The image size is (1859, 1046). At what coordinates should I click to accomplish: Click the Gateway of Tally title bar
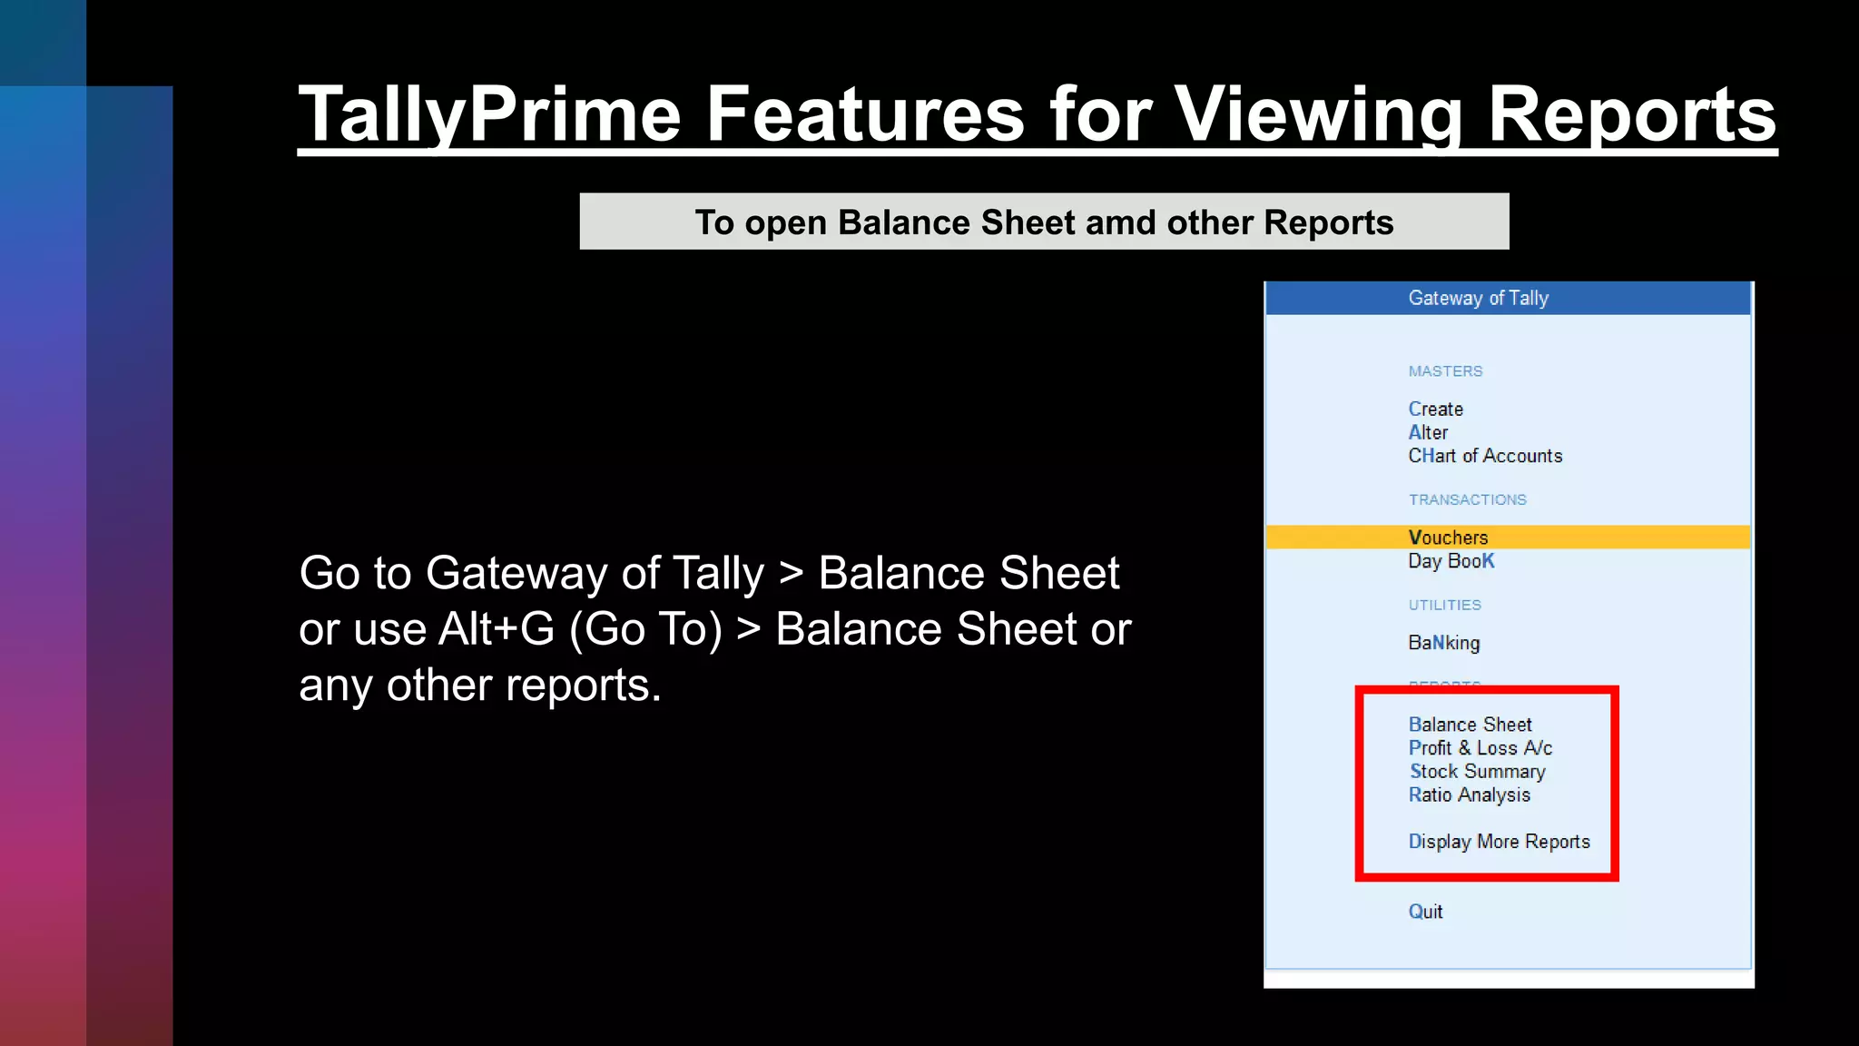tap(1478, 298)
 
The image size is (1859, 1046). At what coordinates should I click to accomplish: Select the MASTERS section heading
tap(1445, 371)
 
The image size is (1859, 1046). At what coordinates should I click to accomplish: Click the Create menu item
tap(1435, 410)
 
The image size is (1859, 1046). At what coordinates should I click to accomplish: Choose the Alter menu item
tap(1428, 433)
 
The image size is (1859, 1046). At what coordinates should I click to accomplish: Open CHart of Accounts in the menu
tap(1485, 456)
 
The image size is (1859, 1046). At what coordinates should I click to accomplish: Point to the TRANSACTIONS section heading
tap(1467, 500)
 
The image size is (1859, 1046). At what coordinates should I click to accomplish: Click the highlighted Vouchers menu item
tap(1448, 538)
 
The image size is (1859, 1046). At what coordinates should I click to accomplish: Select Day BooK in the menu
tap(1451, 561)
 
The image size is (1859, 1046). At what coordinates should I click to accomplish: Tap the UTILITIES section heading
tap(1444, 606)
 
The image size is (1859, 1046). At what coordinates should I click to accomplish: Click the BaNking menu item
tap(1443, 643)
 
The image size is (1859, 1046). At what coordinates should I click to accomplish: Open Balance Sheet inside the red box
tap(1470, 725)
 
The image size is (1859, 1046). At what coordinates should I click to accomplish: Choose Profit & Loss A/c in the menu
tap(1480, 748)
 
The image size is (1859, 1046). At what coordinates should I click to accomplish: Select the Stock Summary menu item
tap(1477, 772)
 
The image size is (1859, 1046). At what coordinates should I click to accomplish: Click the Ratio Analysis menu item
tap(1469, 795)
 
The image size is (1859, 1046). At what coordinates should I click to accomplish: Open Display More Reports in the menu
tap(1499, 842)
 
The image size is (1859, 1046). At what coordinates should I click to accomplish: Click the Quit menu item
tap(1425, 912)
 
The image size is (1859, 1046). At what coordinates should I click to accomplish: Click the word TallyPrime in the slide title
tap(490, 115)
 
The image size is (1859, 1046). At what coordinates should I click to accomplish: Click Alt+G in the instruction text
tap(496, 629)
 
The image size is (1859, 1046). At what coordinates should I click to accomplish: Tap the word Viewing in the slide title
tap(1318, 115)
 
